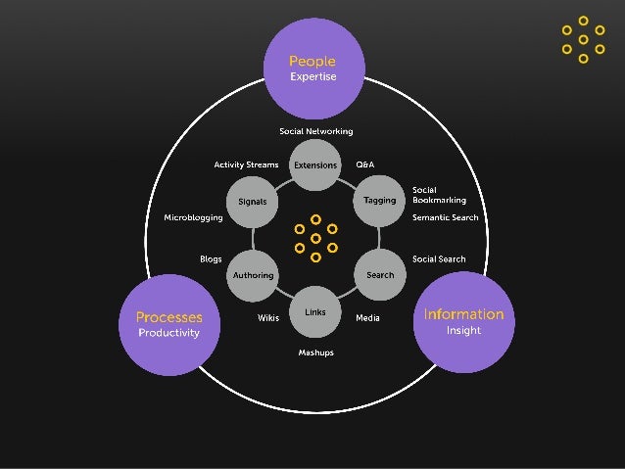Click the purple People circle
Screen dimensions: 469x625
[x=312, y=67]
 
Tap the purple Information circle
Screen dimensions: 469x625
[x=463, y=322]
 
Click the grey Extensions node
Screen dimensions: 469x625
[x=315, y=165]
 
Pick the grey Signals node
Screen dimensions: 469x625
[x=253, y=202]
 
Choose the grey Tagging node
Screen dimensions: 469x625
[x=379, y=201]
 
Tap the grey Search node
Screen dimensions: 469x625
[x=379, y=275]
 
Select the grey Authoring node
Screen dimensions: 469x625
[x=253, y=275]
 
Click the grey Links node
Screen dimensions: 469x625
[x=315, y=312]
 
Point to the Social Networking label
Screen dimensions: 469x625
[x=315, y=131]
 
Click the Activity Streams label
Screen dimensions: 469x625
[x=246, y=164]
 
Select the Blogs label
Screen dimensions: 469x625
[x=211, y=259]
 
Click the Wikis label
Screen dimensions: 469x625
[x=268, y=318]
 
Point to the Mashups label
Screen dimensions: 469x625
[x=315, y=352]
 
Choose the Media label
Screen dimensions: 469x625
[x=367, y=318]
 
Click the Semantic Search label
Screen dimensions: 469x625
[x=445, y=217]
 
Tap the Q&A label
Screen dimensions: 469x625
[x=364, y=164]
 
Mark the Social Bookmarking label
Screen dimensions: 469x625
[x=438, y=195]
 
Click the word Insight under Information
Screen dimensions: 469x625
[x=463, y=331]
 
